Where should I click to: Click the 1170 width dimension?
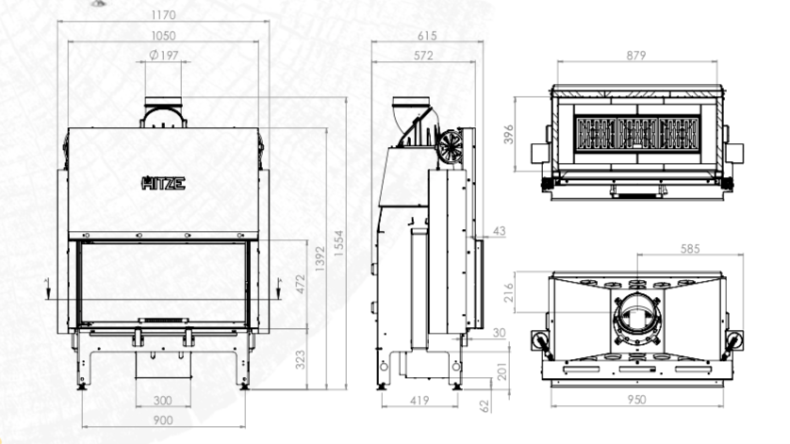(163, 15)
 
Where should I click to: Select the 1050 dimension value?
(163, 36)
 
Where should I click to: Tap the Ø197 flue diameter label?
(164, 55)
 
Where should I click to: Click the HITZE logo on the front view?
(163, 183)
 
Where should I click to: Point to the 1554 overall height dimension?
(338, 243)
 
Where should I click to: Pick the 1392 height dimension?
(320, 258)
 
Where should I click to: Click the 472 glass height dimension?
(301, 285)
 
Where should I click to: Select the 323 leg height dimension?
(301, 360)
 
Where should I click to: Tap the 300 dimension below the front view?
(163, 401)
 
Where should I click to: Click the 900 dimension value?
(163, 420)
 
